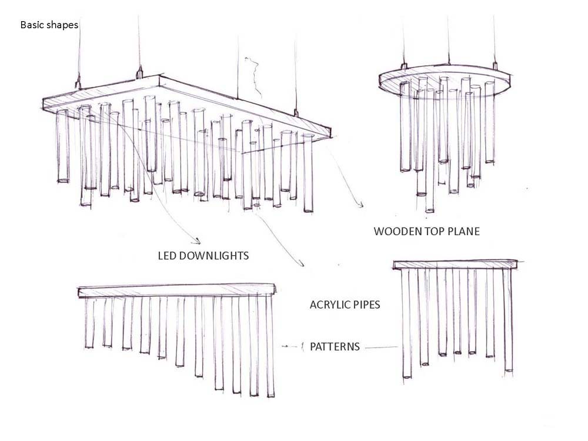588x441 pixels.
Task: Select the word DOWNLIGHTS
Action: coord(214,256)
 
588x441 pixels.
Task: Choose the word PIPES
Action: coord(366,305)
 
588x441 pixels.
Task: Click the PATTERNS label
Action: coord(335,346)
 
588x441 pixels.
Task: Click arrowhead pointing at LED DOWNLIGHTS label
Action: coord(197,241)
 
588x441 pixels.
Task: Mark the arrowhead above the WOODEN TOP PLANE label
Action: coord(360,205)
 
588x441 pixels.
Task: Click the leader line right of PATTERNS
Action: coord(381,348)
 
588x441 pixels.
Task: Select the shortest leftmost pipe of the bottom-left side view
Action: coord(89,322)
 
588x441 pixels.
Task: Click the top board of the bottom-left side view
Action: coord(177,291)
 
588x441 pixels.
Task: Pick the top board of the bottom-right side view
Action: coord(456,265)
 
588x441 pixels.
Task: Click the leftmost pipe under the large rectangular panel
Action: coord(63,146)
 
